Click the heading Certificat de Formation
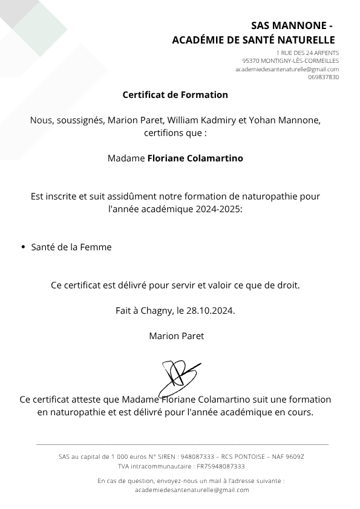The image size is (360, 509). point(175,95)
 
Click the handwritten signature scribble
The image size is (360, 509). point(179,377)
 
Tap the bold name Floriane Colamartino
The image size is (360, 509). point(195,158)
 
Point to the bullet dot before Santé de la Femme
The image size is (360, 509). point(23,247)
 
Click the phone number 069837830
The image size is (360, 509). point(323,77)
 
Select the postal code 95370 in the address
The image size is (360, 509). point(250,61)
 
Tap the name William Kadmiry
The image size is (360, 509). point(206,120)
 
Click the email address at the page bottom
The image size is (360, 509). point(192,490)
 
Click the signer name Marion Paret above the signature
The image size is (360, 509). point(176,336)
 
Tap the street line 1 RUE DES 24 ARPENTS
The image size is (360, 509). point(307,53)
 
